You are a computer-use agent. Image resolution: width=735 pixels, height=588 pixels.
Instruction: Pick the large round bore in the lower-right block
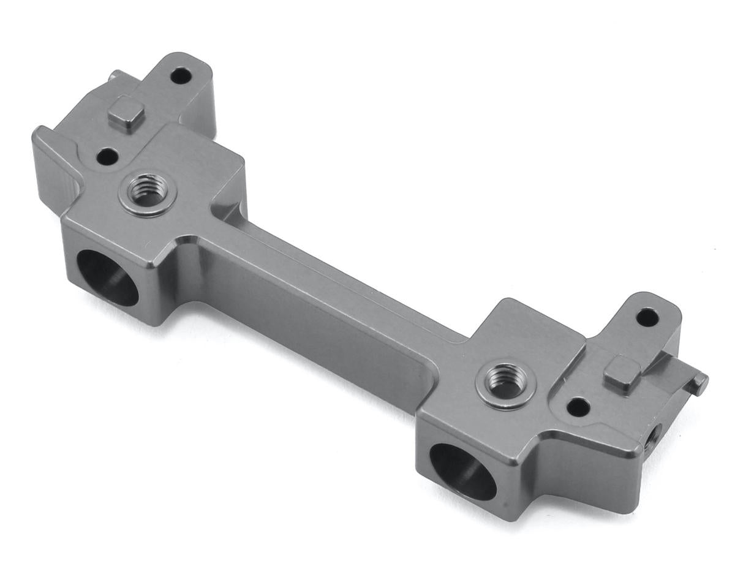pos(462,471)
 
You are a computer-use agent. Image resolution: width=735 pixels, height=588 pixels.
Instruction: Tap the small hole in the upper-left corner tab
pos(180,77)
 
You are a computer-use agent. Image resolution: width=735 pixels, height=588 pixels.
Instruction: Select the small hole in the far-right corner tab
pos(647,317)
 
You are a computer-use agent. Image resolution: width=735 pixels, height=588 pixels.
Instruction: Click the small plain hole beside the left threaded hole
pos(107,157)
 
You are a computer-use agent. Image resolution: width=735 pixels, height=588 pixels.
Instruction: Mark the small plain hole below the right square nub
pos(578,406)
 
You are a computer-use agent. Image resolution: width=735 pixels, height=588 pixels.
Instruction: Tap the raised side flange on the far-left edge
pos(52,165)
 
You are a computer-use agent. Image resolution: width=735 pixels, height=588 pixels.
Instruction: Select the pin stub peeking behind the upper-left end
pos(113,77)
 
